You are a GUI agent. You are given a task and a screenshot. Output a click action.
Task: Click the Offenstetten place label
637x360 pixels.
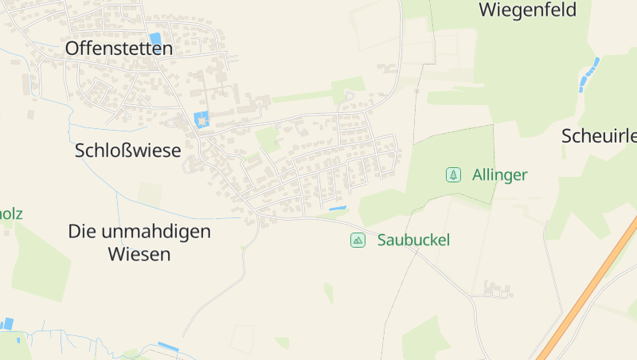[x=119, y=49]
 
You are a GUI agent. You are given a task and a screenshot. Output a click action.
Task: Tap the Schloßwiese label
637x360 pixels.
[x=127, y=150]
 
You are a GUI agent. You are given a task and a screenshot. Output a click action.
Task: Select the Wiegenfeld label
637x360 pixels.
[x=527, y=10]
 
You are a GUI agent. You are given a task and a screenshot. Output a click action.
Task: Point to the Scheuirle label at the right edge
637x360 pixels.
[x=599, y=135]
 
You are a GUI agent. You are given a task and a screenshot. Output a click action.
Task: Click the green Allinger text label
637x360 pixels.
[x=499, y=174]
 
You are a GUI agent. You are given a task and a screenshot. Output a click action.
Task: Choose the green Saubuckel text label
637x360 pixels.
[x=413, y=240]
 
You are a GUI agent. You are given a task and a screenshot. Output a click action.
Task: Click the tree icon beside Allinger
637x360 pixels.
[x=453, y=174]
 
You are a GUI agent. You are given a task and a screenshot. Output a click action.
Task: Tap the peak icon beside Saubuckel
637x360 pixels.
[x=358, y=240]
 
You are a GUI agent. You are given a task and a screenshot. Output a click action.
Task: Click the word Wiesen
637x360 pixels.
[x=139, y=255]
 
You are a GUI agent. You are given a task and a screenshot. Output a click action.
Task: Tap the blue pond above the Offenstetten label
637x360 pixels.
[x=155, y=38]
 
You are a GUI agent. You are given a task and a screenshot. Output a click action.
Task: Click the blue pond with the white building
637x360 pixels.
[x=201, y=120]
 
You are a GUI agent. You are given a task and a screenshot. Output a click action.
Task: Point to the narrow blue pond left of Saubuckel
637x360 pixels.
[x=338, y=209]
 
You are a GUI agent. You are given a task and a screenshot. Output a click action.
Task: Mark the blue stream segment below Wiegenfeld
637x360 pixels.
[x=589, y=72]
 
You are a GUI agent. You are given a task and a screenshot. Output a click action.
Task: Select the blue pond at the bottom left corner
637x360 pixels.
[x=8, y=323]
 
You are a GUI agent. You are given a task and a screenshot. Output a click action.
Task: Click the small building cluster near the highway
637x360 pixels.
[x=495, y=289]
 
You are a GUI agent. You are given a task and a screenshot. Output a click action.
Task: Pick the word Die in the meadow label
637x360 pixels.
[x=81, y=232]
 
